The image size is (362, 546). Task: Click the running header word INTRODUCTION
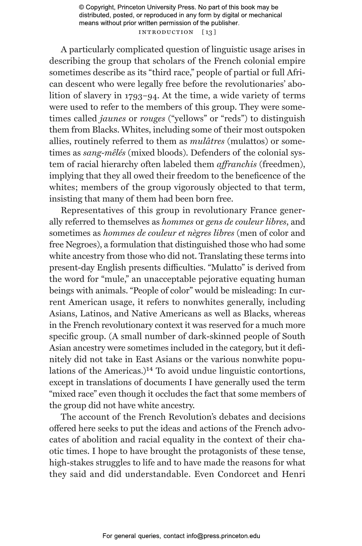166,32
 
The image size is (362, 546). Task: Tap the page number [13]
209,32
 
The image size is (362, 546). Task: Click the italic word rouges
152,119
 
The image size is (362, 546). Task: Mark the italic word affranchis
236,164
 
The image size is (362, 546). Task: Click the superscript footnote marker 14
149,370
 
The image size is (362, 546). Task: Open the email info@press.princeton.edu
223,536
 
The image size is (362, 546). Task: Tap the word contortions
281,371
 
